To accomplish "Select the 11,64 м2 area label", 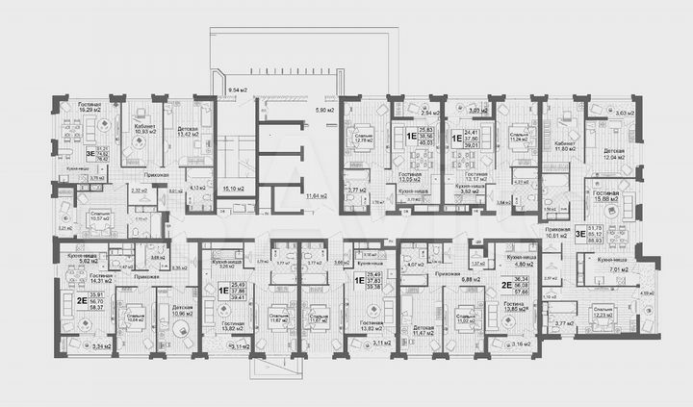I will coord(315,196).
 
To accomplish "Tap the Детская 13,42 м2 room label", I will coord(188,130).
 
